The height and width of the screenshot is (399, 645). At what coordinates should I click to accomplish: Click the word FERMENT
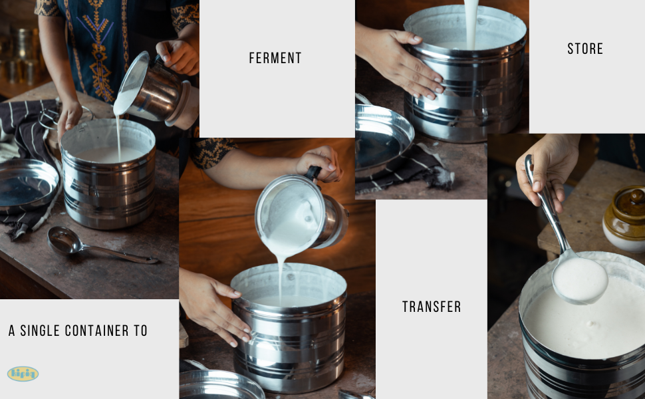coord(275,59)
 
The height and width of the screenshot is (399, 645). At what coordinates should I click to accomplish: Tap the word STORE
coord(585,49)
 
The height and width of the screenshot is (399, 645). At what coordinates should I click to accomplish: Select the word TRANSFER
coord(432,307)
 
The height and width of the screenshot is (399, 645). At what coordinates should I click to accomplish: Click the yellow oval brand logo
coord(23,374)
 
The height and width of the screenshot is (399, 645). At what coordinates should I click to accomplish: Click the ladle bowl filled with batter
coord(580,279)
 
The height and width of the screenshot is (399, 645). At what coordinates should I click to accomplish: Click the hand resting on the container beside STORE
coord(399,60)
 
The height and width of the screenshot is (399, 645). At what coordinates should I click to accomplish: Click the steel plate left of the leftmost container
coord(27,185)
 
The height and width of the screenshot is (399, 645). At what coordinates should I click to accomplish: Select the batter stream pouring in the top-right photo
coord(471,23)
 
